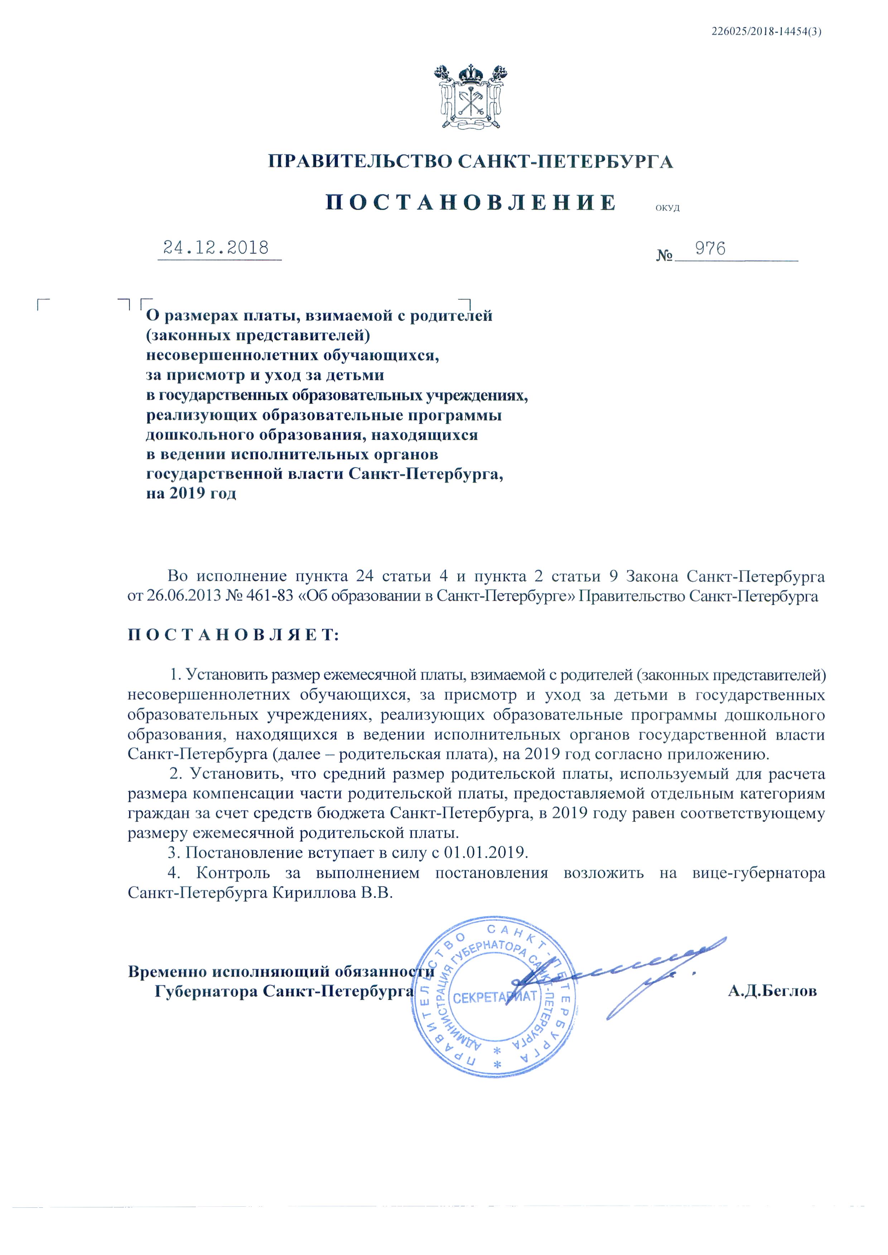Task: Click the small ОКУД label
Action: click(667, 208)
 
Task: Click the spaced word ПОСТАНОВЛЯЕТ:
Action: click(233, 635)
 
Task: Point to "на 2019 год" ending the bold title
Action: click(191, 493)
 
